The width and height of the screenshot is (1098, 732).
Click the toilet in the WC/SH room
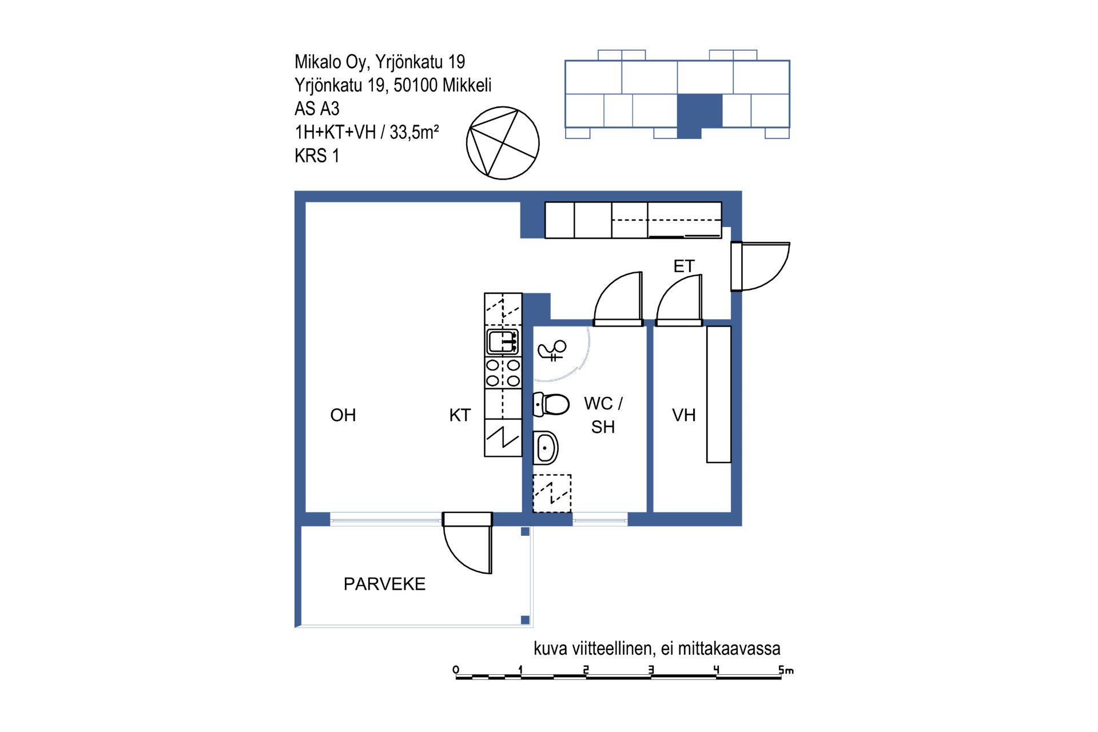point(551,404)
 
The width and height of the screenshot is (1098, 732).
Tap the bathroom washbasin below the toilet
point(546,448)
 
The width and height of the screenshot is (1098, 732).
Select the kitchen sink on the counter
point(503,342)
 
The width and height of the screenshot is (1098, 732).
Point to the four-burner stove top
point(503,372)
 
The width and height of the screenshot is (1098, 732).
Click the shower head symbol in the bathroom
point(552,350)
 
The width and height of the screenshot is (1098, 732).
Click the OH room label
point(343,415)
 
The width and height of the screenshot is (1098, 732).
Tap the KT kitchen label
point(460,415)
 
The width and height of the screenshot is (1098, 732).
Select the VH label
point(684,415)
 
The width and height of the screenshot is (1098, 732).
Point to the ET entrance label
point(684,266)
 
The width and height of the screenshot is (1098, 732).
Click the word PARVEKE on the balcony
point(384,584)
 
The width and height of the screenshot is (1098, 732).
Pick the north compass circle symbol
point(503,143)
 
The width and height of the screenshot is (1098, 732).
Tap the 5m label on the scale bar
point(786,670)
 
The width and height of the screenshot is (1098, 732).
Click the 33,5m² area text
point(414,132)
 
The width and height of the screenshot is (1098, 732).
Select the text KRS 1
point(317,156)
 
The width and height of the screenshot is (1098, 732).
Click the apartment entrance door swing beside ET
point(761,266)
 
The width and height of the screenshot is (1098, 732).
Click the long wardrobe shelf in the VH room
point(719,394)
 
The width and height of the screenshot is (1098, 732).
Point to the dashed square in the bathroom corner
point(552,494)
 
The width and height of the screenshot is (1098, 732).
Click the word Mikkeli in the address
point(467,85)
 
